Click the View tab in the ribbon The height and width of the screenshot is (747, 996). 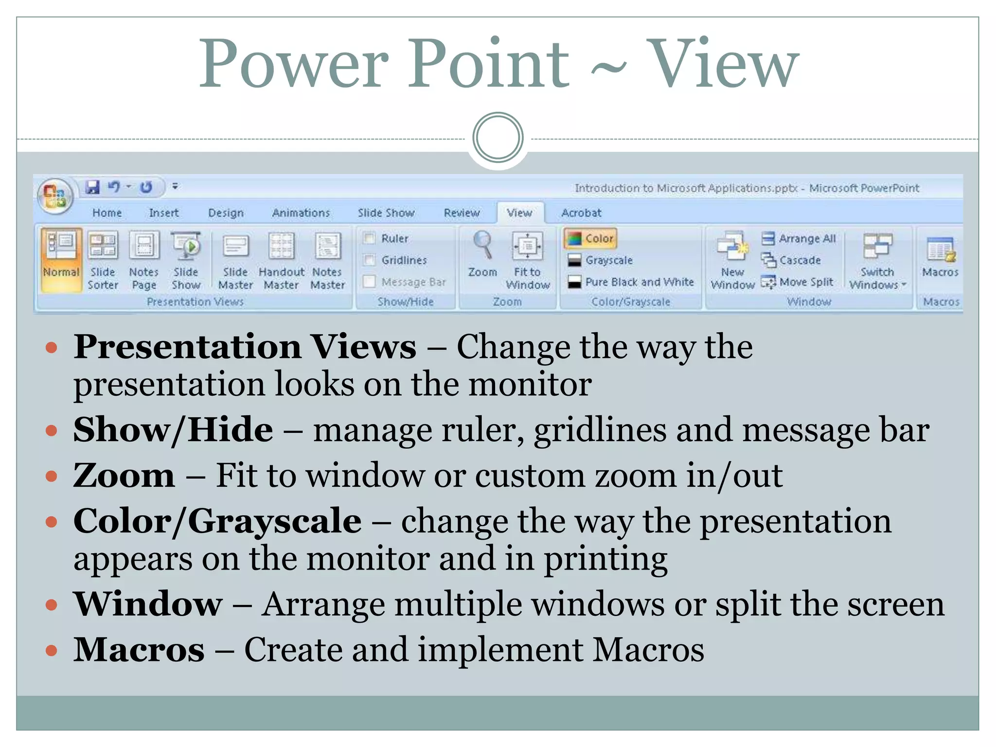tap(519, 213)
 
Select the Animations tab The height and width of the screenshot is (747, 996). tap(301, 213)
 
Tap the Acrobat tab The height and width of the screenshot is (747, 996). tap(581, 213)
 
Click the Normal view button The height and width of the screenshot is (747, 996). tap(61, 260)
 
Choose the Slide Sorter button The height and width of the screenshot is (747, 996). tap(103, 261)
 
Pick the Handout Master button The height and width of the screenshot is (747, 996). tap(282, 261)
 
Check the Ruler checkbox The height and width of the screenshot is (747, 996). tap(370, 238)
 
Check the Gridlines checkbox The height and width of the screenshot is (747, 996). tap(370, 260)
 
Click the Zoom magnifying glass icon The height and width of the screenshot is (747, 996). tap(482, 245)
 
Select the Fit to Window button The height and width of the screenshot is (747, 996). tap(528, 261)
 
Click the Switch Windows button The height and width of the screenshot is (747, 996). tap(877, 261)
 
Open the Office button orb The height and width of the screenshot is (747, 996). tap(55, 196)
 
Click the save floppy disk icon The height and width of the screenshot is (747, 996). tap(92, 187)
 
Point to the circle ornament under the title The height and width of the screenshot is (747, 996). tap(498, 138)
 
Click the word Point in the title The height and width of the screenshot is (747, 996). tap(488, 64)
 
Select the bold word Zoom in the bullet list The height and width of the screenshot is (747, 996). tap(124, 475)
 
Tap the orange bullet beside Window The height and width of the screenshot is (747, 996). tap(51, 605)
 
